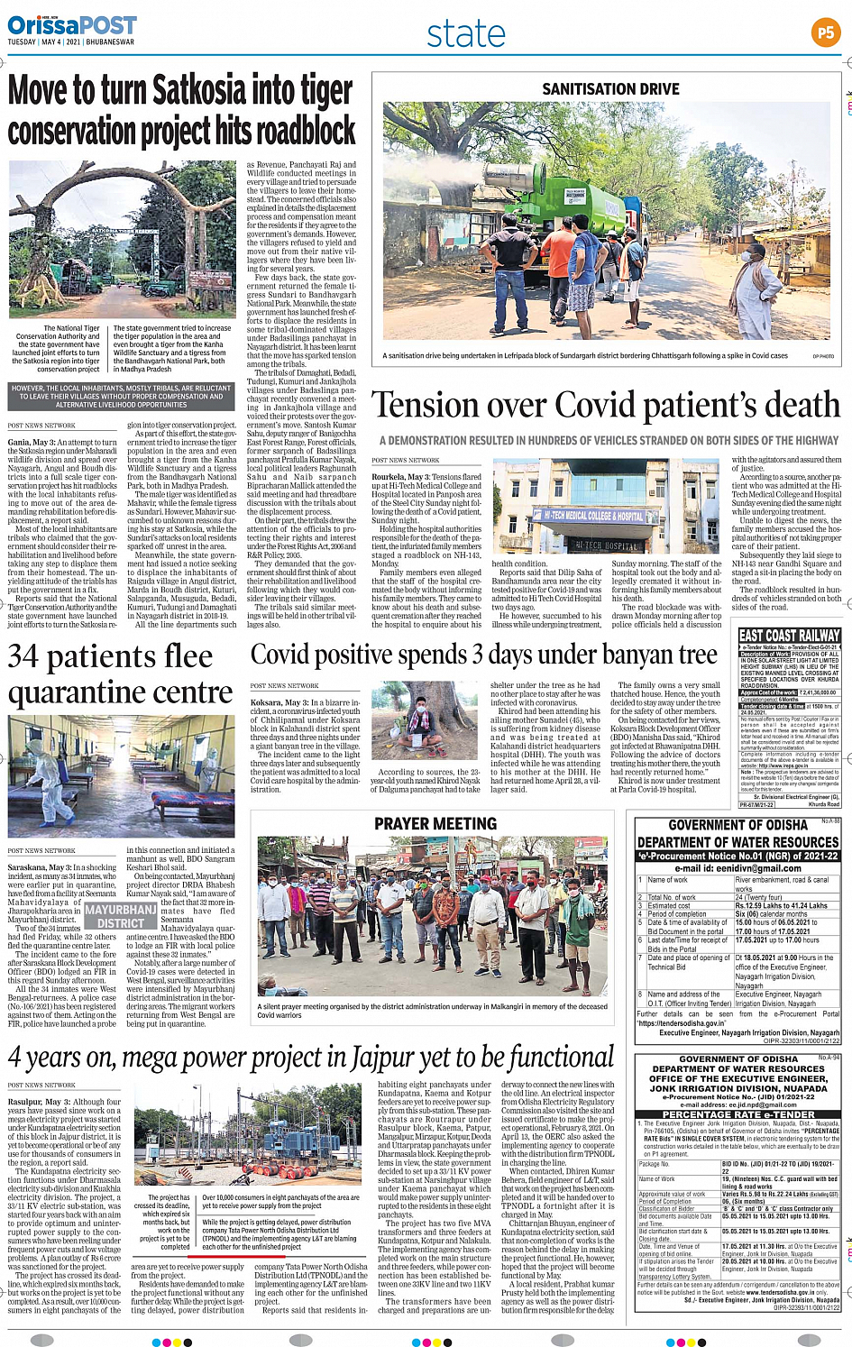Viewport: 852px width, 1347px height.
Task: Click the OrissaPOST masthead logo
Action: point(72,25)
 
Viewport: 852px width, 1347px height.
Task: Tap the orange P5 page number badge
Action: point(825,32)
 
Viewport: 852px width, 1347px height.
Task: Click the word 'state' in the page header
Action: point(465,34)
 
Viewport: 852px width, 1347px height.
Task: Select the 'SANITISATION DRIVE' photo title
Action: point(610,89)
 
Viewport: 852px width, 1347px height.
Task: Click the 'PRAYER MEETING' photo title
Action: point(435,823)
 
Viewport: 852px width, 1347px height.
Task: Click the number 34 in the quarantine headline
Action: point(23,656)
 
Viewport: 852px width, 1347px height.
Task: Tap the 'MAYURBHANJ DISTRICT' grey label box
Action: point(120,916)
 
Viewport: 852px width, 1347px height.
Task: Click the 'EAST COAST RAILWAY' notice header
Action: point(789,636)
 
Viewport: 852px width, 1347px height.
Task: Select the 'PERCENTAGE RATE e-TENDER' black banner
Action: point(738,1114)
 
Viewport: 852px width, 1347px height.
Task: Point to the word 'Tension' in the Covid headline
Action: point(431,406)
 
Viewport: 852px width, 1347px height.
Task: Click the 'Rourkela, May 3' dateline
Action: point(402,477)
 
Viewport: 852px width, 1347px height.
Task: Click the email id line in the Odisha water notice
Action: point(738,868)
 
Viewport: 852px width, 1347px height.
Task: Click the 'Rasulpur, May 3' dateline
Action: point(38,1102)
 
